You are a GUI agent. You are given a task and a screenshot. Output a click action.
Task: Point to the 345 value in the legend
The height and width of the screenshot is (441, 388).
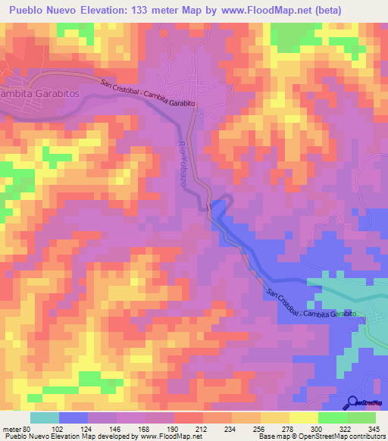374,429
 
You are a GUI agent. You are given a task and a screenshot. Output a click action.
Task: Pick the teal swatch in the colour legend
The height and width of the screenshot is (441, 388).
45,418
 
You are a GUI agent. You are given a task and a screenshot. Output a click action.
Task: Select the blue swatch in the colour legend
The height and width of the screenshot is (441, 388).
73,418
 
